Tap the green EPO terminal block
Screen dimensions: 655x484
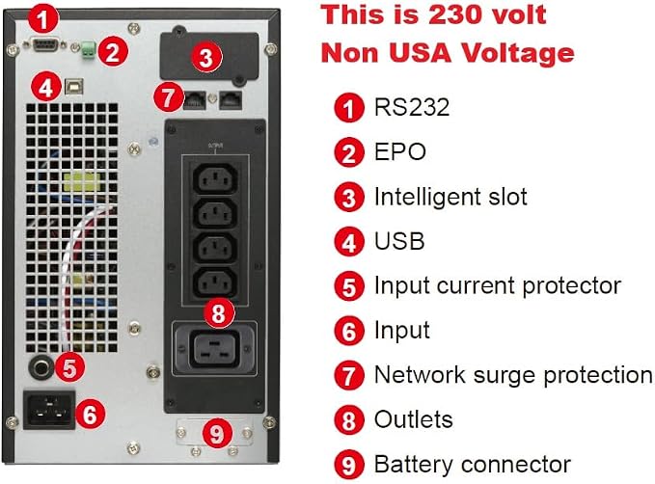pos(88,49)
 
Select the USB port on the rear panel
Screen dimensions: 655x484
pos(74,87)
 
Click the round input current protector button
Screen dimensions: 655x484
pos(41,367)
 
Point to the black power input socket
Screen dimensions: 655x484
pos(49,410)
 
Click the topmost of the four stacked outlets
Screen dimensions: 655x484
pos(215,178)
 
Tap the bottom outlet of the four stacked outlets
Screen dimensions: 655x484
pos(215,283)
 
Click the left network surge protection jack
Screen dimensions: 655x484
pos(195,100)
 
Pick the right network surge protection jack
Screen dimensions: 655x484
pos(231,100)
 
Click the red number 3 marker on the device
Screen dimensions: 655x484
pos(205,57)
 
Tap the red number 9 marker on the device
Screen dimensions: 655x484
pos(217,433)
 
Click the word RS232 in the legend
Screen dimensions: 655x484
pos(412,107)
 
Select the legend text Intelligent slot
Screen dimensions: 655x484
pos(450,197)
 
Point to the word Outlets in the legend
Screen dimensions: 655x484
pos(413,419)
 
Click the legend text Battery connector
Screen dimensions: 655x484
pos(472,464)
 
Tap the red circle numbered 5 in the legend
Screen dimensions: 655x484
pos(349,286)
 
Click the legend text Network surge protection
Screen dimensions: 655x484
pos(513,375)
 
